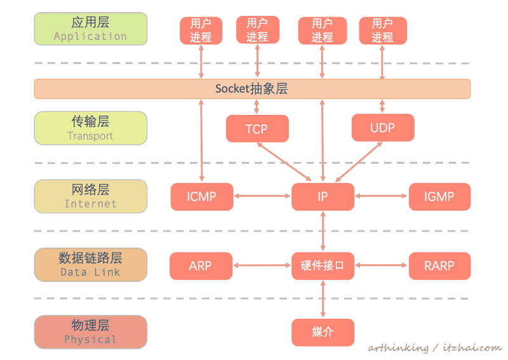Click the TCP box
[x=257, y=129]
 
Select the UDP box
[x=382, y=128]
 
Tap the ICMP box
[x=201, y=197]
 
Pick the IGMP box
[x=439, y=197]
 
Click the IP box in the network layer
[x=323, y=197]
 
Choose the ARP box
[x=201, y=265]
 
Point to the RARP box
[x=439, y=265]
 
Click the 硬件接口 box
[x=323, y=265]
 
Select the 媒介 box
[x=323, y=332]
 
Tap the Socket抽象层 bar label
[x=251, y=89]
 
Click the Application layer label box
[x=90, y=29]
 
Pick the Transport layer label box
[x=90, y=128]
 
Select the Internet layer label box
[x=90, y=196]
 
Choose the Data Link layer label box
[x=90, y=265]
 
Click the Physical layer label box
[x=90, y=332]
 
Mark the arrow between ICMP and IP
[x=262, y=197]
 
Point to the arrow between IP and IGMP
[x=381, y=197]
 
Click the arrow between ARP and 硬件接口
[x=262, y=265]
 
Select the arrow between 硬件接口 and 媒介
[x=323, y=299]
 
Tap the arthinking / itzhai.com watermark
[x=434, y=348]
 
